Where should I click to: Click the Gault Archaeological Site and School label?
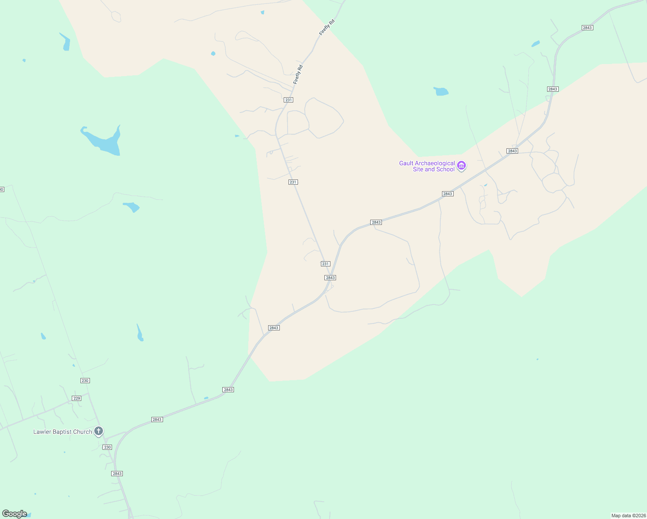[x=427, y=166]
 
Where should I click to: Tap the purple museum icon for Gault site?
[x=461, y=166]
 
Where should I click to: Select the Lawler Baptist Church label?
[x=63, y=432]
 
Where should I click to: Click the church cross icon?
[x=99, y=431]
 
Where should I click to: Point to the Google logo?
[x=15, y=514]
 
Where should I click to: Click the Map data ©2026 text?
[x=628, y=516]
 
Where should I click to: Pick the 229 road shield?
[x=77, y=398]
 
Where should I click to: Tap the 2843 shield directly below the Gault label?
[x=448, y=194]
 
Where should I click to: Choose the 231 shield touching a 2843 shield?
[x=326, y=264]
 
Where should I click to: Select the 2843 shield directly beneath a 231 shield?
[x=330, y=278]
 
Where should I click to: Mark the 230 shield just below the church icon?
[x=107, y=447]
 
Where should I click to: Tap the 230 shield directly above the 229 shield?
[x=85, y=381]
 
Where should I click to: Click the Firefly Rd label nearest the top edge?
[x=327, y=27]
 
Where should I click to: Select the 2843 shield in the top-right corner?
[x=587, y=28]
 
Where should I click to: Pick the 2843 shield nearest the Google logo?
[x=117, y=474]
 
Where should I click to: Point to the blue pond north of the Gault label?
[x=441, y=91]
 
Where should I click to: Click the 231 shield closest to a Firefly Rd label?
[x=288, y=100]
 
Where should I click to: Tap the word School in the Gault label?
[x=445, y=170]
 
